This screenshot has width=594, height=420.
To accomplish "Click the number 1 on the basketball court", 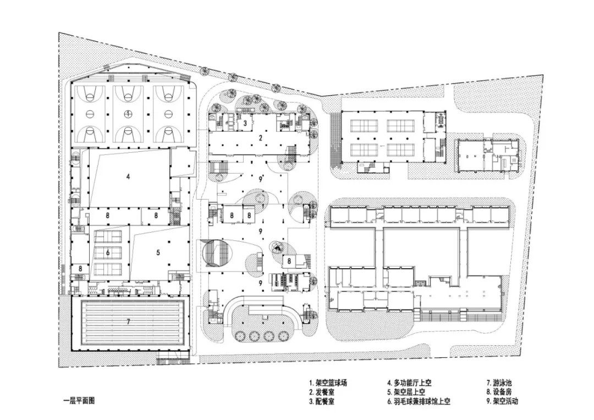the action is (128, 113).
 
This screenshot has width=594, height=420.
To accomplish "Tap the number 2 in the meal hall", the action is (261, 138).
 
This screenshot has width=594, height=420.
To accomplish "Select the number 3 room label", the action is (245, 123).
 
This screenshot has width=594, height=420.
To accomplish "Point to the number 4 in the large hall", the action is (128, 176).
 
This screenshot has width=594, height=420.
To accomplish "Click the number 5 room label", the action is (158, 252).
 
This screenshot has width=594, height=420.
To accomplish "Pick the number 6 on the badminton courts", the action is (108, 252).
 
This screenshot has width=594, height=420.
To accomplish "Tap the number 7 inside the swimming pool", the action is (128, 322).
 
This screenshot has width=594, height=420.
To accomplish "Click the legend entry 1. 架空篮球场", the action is (328, 383).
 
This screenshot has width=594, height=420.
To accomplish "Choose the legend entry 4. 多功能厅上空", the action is (409, 383).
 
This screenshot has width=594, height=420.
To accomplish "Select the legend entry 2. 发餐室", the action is (322, 392).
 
